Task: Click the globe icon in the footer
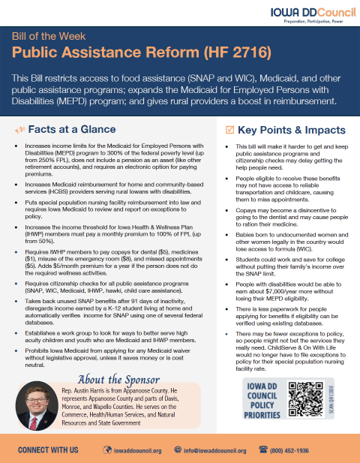pos(109,449)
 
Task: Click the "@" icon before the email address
pos(178,449)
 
